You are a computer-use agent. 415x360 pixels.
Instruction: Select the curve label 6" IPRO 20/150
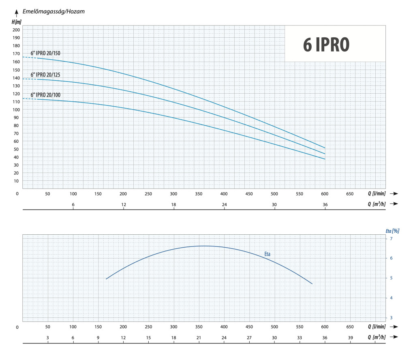(45, 53)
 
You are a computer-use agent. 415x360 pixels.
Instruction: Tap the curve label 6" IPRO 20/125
(45, 75)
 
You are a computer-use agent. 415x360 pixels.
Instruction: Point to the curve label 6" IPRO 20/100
(45, 95)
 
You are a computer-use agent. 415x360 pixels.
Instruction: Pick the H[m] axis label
(16, 21)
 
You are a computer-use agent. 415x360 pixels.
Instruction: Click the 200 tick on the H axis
(16, 30)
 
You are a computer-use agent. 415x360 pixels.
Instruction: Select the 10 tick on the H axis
(17, 181)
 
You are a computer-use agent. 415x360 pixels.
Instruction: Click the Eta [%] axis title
(392, 231)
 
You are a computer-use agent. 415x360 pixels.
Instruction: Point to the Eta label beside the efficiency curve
(267, 254)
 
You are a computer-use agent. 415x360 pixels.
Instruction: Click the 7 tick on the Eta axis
(391, 239)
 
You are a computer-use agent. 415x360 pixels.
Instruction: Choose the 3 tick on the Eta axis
(391, 317)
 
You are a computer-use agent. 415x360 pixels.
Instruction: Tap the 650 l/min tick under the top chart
(350, 194)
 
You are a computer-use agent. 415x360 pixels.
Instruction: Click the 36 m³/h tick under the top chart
(325, 205)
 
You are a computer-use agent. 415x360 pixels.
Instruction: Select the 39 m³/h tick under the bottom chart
(350, 338)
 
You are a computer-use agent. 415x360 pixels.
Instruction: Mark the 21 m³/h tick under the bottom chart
(199, 338)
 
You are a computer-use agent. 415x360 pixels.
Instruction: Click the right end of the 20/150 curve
(325, 148)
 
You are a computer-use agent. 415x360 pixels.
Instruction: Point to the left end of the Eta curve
(106, 279)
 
